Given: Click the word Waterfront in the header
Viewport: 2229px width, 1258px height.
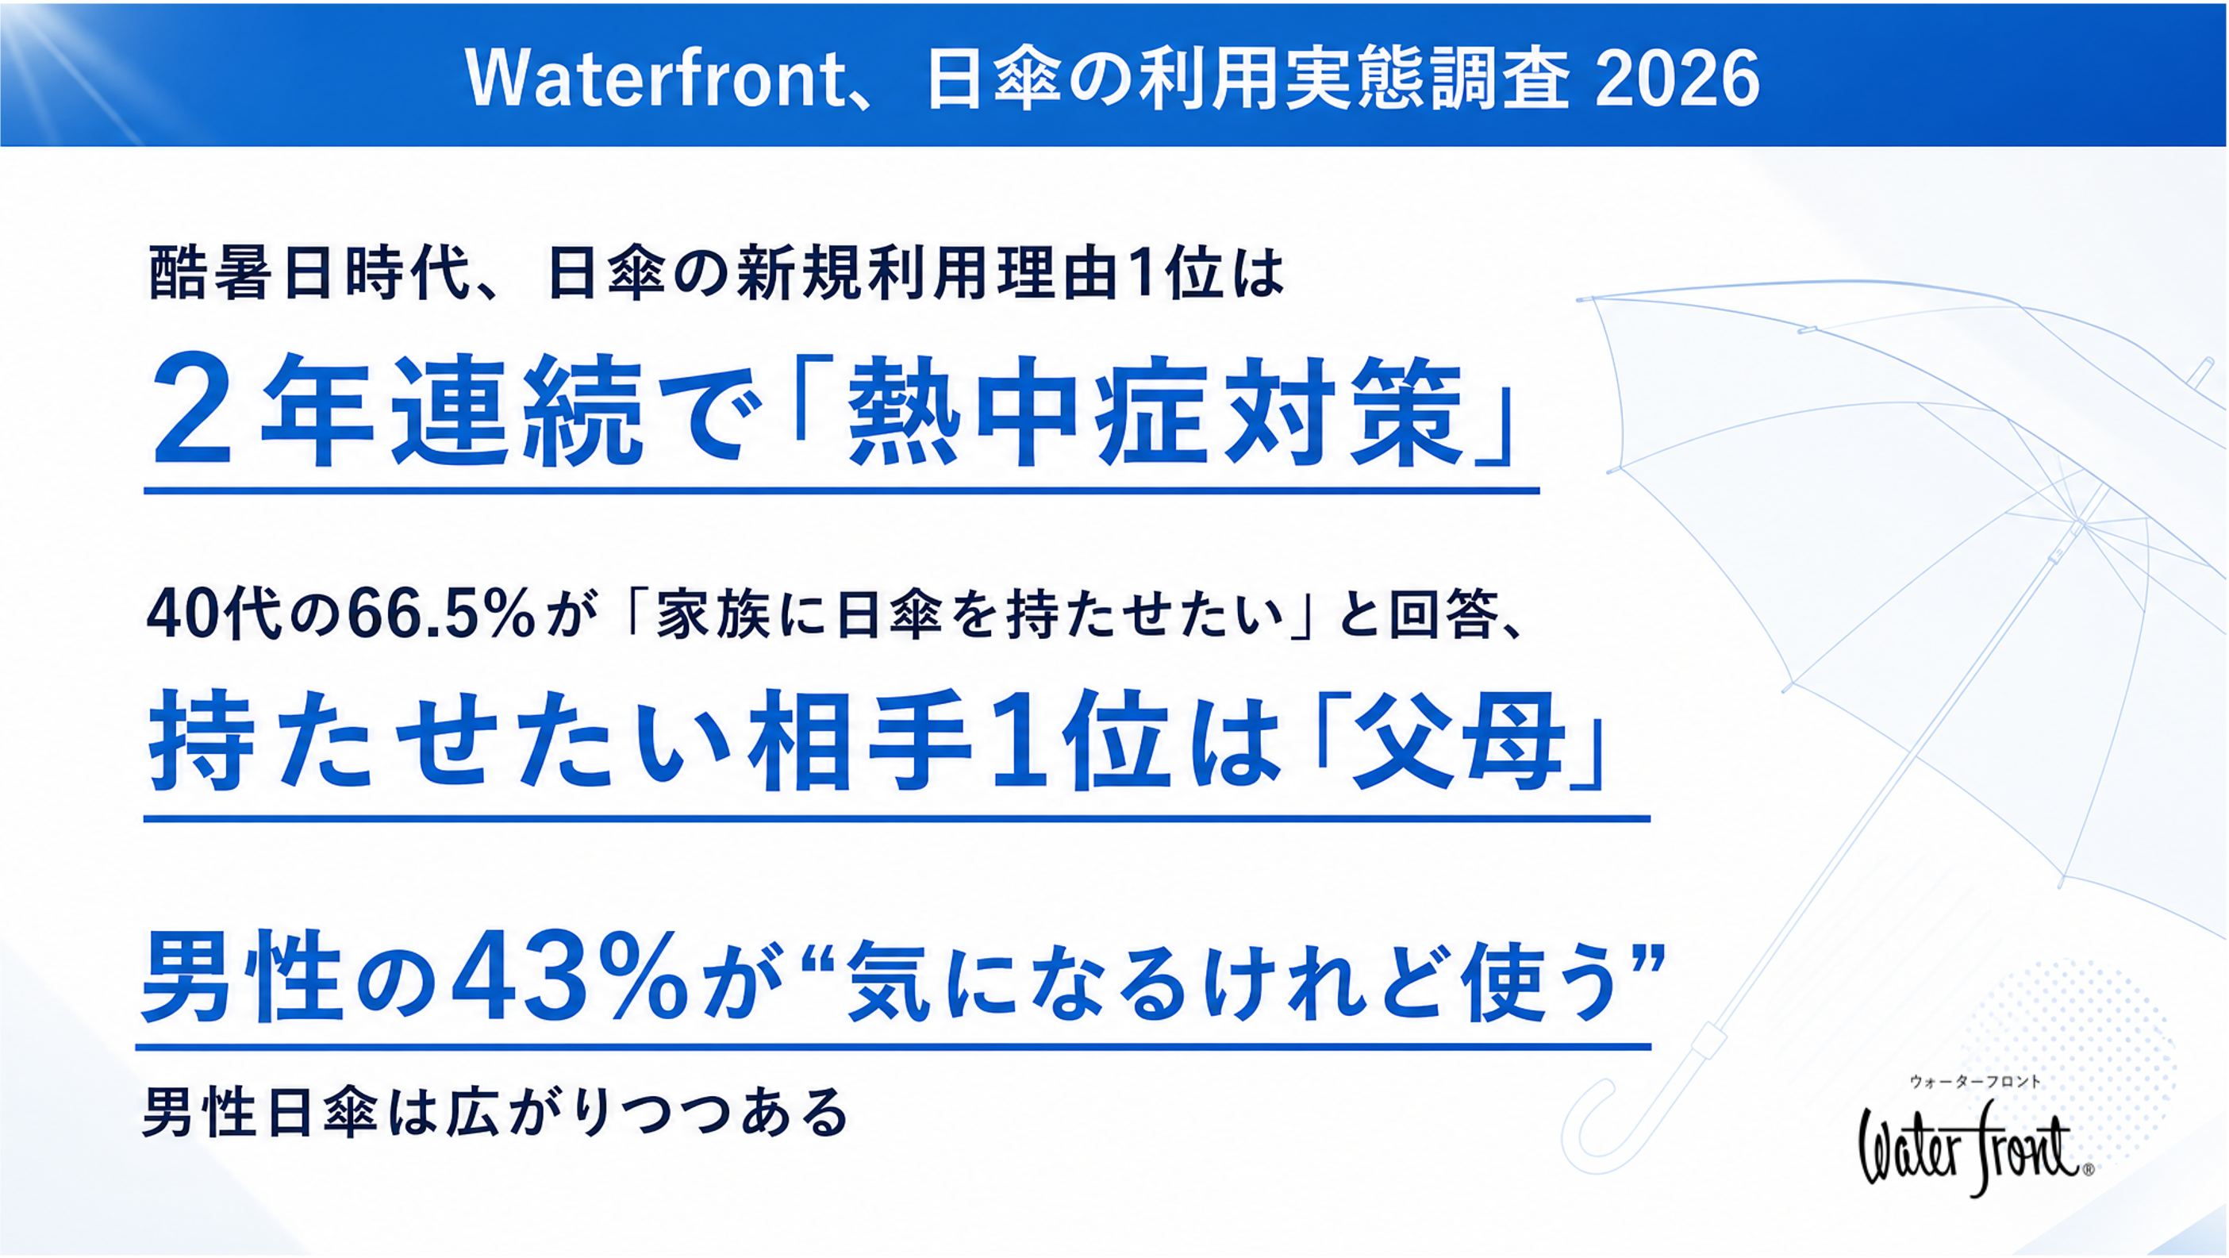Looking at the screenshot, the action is coord(654,79).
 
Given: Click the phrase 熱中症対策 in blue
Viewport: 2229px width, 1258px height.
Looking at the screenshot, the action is coord(1154,412).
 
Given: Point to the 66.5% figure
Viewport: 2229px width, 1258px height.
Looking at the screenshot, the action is coord(440,615).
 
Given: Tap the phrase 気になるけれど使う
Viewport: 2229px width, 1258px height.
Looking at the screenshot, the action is coord(1230,980).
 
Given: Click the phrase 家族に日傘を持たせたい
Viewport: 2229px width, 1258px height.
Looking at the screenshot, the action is coord(969,615).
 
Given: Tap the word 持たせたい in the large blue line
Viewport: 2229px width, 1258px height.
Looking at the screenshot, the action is coord(441,741).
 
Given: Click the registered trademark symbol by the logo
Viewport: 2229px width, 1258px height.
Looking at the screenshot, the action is coord(2088,1170).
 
